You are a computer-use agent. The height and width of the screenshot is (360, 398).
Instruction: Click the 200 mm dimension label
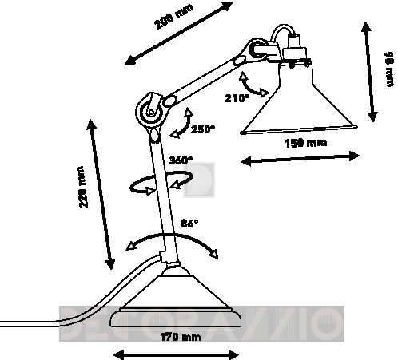pyautogui.click(x=173, y=17)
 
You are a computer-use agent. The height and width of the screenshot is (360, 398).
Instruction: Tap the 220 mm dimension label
pyautogui.click(x=83, y=187)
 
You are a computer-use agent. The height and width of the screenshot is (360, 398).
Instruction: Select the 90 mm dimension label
pyautogui.click(x=389, y=69)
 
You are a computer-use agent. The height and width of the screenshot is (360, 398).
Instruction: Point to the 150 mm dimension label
pyautogui.click(x=306, y=143)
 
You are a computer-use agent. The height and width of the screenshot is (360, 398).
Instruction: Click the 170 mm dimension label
pyautogui.click(x=181, y=337)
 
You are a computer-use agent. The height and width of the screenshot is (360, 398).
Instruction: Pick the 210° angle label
pyautogui.click(x=237, y=98)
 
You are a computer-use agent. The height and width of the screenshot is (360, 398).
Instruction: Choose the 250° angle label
pyautogui.click(x=202, y=129)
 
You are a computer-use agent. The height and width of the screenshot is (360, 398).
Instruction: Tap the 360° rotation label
pyautogui.click(x=181, y=160)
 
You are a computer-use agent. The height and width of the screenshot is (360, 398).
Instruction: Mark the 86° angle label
pyautogui.click(x=189, y=223)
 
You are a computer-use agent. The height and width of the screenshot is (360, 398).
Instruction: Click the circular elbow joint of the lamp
pyautogui.click(x=151, y=113)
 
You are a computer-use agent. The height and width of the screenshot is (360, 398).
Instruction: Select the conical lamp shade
pyautogui.click(x=299, y=97)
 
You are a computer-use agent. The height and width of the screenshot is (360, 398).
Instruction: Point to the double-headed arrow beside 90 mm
pyautogui.click(x=369, y=71)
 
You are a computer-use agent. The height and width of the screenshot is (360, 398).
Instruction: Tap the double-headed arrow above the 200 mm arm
pyautogui.click(x=179, y=33)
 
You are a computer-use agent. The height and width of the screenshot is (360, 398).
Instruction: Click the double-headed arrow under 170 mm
pyautogui.click(x=176, y=354)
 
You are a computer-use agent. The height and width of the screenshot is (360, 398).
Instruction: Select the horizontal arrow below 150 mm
pyautogui.click(x=300, y=159)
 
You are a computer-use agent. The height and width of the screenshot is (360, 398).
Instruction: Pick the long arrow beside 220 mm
pyautogui.click(x=101, y=194)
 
